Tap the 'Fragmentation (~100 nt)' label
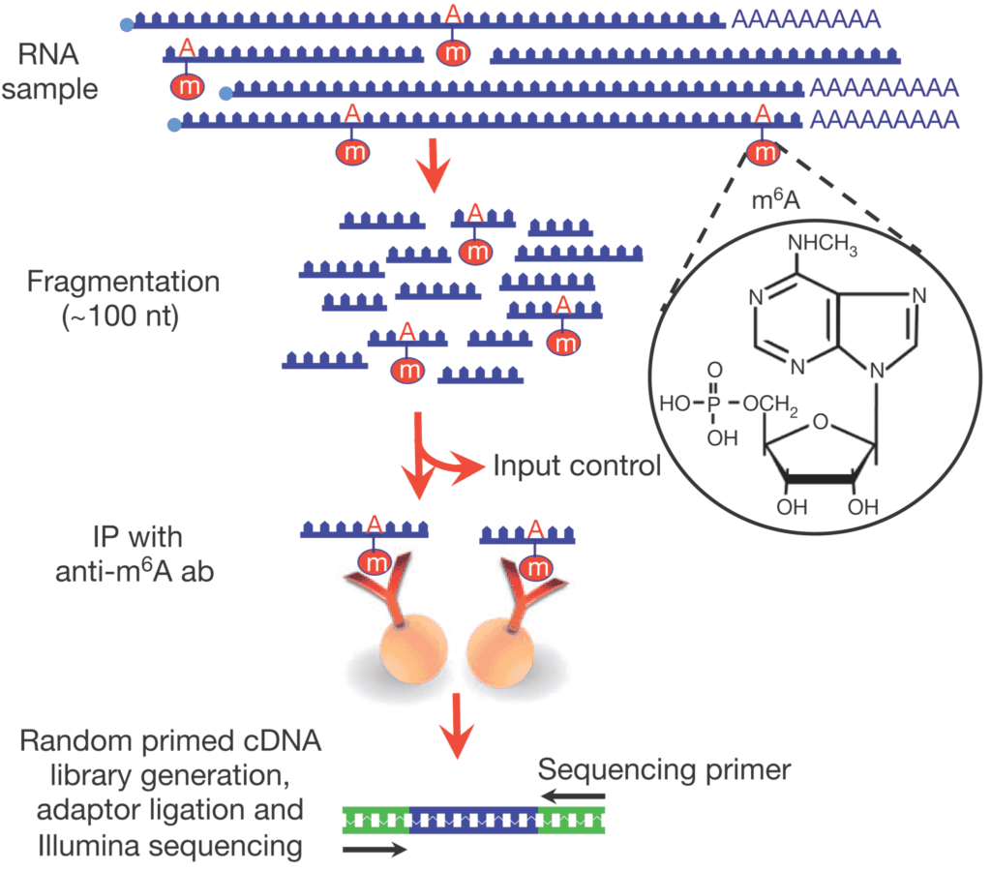[x=123, y=298]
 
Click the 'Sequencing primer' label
[x=665, y=770]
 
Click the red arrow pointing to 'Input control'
[x=456, y=467]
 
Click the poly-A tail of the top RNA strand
[x=806, y=18]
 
